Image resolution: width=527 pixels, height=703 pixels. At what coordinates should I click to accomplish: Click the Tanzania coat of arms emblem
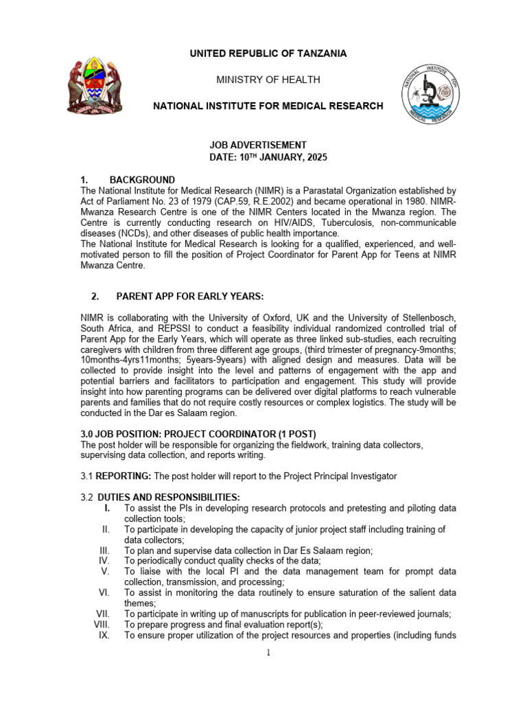(x=95, y=87)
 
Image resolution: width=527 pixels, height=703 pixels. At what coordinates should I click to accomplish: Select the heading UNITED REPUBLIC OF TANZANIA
(x=268, y=54)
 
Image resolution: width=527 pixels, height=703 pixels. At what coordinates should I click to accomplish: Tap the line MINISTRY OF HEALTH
(x=268, y=80)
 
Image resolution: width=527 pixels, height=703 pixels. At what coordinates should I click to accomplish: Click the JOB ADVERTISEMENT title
(x=257, y=145)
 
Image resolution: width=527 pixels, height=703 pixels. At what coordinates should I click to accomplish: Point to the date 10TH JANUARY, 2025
(x=283, y=157)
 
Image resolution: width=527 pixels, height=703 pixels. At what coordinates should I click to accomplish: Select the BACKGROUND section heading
(x=142, y=180)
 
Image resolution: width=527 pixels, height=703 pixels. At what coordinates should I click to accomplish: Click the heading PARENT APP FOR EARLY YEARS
(x=189, y=297)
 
